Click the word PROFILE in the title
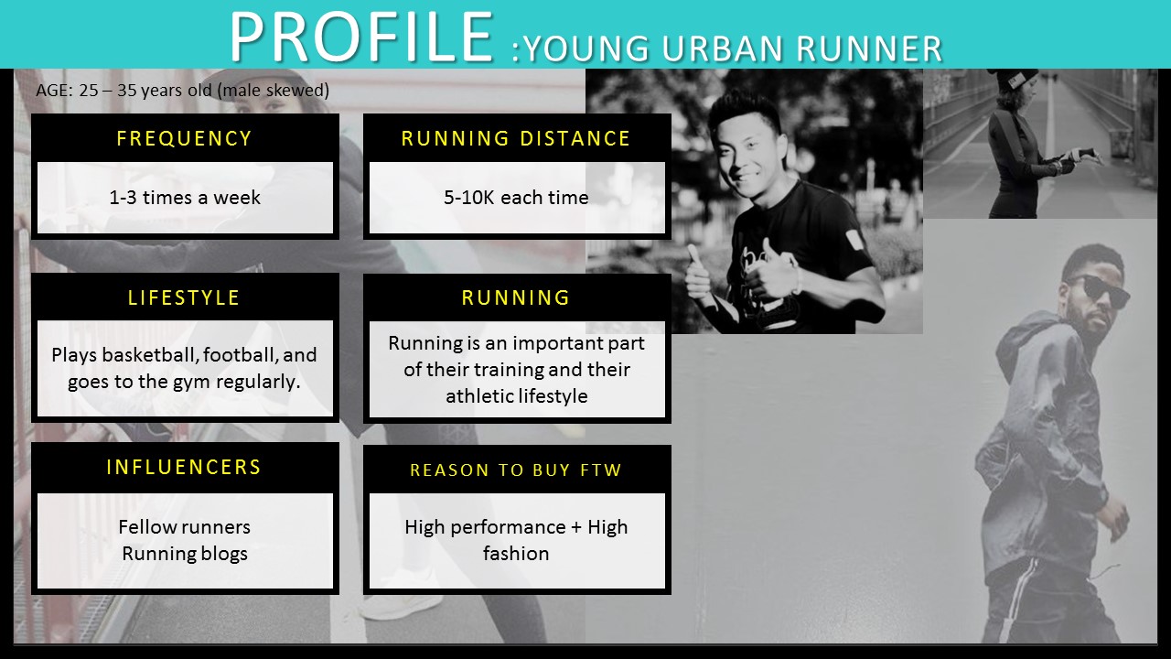[x=361, y=37]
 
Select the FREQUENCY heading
[x=185, y=138]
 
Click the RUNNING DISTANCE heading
[x=516, y=138]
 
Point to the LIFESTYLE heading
[x=184, y=297]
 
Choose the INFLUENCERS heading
[x=184, y=467]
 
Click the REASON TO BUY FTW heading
[x=516, y=470]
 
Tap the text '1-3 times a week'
[x=185, y=197]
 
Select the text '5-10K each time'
[x=516, y=197]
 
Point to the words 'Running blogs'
[x=185, y=554]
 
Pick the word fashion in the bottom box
[x=516, y=554]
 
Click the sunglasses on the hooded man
[x=1103, y=290]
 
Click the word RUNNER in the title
[x=869, y=49]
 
